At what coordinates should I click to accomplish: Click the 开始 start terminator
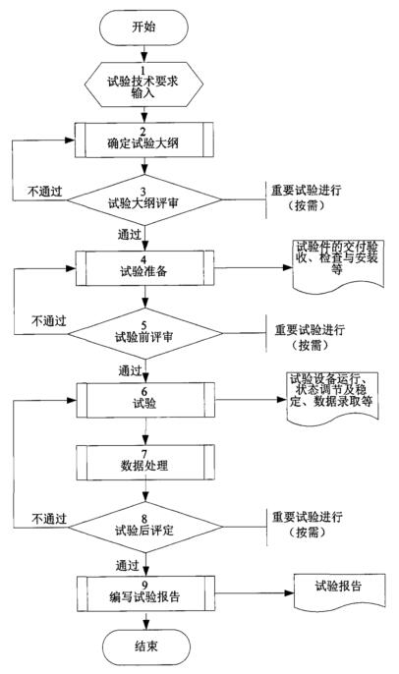pos(145,28)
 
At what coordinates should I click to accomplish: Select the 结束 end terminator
pos(145,646)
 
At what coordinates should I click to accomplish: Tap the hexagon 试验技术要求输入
pos(145,82)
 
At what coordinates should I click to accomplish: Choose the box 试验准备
pos(145,264)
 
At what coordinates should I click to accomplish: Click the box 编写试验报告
pos(145,595)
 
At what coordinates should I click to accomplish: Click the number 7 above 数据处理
pos(145,447)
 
